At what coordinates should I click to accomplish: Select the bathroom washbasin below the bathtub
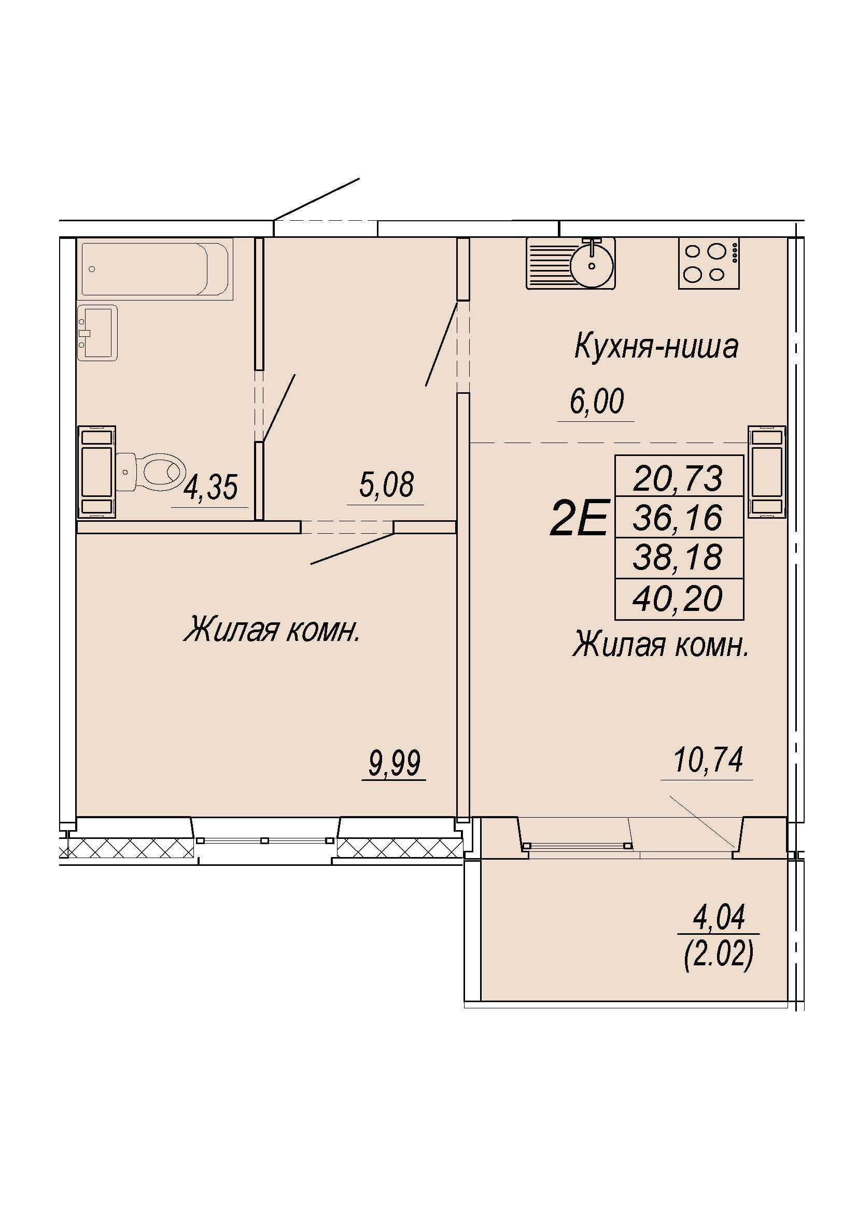point(97,333)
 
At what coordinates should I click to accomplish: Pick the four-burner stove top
point(709,262)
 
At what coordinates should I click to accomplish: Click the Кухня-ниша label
point(656,347)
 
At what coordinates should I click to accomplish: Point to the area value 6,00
point(597,402)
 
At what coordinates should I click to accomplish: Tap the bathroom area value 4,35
point(210,487)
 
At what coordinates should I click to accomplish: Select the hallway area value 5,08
point(386,484)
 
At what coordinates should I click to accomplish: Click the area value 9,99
point(394,763)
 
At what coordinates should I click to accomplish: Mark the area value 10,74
point(708,760)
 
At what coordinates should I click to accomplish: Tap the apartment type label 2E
point(579,518)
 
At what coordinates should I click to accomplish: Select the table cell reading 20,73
point(679,478)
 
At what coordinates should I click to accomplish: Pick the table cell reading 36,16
point(679,517)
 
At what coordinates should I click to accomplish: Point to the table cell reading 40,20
point(679,599)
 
